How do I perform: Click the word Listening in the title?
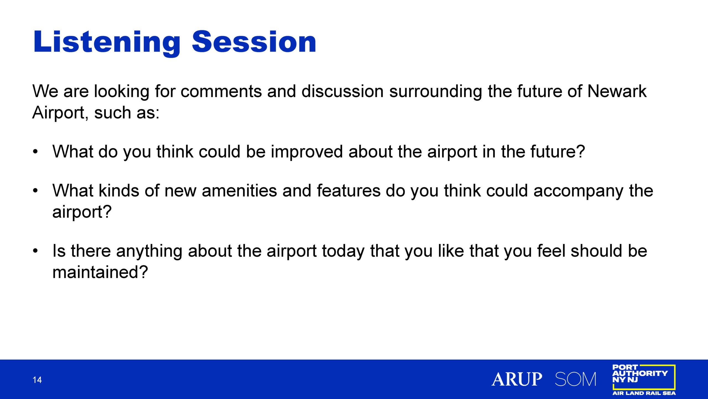(107, 42)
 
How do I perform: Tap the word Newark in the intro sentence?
(617, 91)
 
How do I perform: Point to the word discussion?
(342, 91)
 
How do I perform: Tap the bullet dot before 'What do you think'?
(35, 152)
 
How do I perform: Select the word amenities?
(239, 191)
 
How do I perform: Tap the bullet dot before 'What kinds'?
(35, 191)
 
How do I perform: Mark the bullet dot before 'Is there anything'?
(35, 251)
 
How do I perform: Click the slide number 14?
(37, 380)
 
